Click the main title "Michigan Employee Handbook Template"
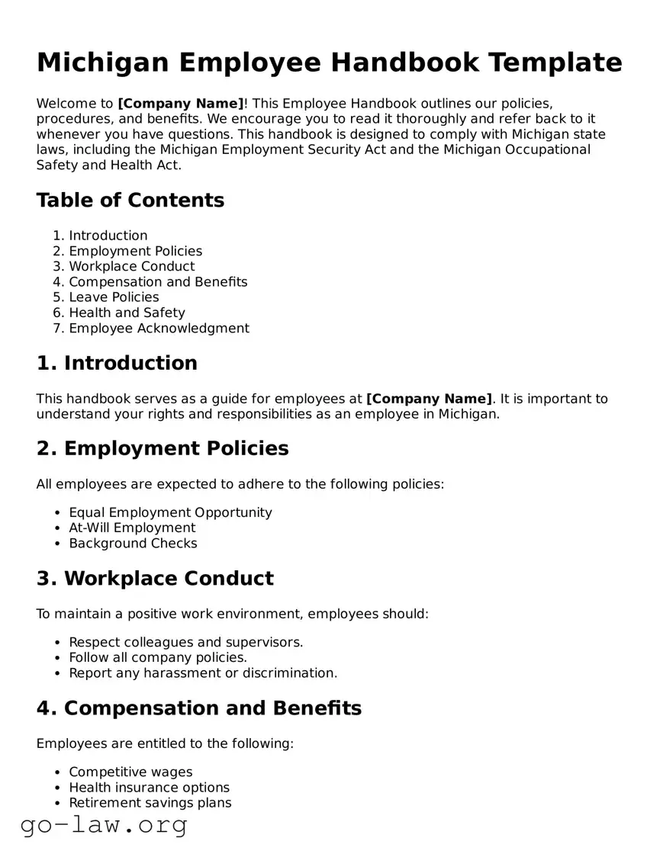[329, 62]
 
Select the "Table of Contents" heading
[130, 201]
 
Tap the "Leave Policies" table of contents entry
[114, 297]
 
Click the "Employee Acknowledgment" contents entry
[159, 329]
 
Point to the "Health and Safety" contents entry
[127, 313]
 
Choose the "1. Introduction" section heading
[117, 363]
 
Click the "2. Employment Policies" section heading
[163, 448]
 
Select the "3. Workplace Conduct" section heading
[155, 579]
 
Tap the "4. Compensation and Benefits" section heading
[199, 708]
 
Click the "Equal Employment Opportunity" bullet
[170, 512]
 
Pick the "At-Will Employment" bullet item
[132, 528]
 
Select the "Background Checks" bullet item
[133, 544]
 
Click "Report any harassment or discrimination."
[203, 673]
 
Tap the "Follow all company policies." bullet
[158, 657]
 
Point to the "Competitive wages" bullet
[130, 772]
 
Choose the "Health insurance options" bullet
[149, 788]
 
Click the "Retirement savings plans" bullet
[150, 803]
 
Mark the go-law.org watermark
[104, 826]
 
